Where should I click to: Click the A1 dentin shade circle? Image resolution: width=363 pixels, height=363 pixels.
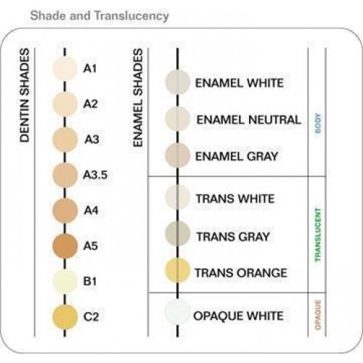[x=65, y=68]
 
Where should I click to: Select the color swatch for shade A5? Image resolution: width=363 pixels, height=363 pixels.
[x=65, y=246]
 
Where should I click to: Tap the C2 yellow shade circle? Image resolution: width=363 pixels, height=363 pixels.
[x=65, y=317]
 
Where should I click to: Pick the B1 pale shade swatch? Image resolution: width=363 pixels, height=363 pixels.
[x=65, y=281]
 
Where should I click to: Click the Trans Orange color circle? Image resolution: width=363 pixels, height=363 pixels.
[x=177, y=270]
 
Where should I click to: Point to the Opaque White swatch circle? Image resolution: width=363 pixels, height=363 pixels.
[x=177, y=311]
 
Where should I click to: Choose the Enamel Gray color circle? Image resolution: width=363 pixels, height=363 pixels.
[x=177, y=155]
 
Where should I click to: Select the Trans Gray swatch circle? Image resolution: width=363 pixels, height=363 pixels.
[x=177, y=233]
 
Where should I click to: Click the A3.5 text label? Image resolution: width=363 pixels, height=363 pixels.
[x=95, y=175]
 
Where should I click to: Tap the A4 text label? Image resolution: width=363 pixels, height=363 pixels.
[x=91, y=210]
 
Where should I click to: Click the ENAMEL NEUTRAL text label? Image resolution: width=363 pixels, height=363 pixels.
[x=248, y=120]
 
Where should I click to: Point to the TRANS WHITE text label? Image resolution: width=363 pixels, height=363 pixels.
[x=235, y=199]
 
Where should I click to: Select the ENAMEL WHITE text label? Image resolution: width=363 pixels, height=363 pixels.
[x=240, y=83]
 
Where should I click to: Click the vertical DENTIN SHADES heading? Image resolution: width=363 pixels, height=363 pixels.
[x=25, y=95]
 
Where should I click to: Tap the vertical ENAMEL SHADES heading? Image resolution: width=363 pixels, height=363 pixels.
[x=138, y=98]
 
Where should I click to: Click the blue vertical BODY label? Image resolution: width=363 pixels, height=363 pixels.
[x=318, y=123]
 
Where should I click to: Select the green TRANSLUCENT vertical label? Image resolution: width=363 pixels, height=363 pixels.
[x=318, y=235]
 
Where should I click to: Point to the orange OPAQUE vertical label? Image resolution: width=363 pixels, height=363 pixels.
[x=318, y=315]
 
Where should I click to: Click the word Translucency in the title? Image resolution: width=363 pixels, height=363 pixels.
[x=131, y=16]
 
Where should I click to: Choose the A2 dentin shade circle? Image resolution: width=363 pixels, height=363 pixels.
[x=65, y=104]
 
